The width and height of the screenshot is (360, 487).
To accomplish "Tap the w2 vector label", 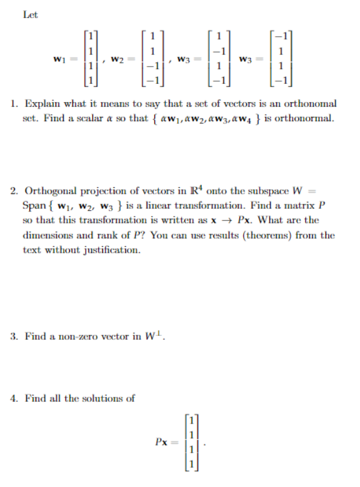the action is (x=117, y=59).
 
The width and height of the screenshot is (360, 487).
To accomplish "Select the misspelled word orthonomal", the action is (x=311, y=103).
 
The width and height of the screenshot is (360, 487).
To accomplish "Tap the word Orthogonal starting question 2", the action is (x=50, y=191).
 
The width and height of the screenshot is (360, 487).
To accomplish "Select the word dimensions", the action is (x=46, y=235).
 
